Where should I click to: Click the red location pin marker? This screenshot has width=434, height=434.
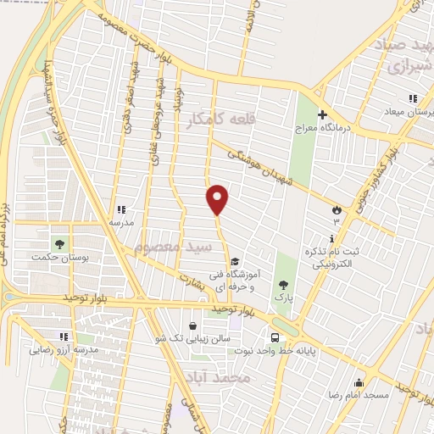coord(218,200)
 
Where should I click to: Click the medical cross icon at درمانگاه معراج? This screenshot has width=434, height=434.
coord(322,114)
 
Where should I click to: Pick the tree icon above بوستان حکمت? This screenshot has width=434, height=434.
coord(59,245)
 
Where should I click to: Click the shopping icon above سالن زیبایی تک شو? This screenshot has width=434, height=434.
coord(193,325)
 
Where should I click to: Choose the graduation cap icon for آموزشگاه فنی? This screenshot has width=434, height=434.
coord(235,262)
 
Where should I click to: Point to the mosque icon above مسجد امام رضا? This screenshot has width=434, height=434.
coord(359,381)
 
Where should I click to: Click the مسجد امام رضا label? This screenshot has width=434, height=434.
coord(359,396)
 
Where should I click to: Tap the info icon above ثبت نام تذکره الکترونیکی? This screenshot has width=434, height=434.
coord(331,238)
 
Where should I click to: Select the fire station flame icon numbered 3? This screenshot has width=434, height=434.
coord(337,208)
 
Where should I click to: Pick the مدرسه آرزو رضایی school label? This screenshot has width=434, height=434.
coord(64,349)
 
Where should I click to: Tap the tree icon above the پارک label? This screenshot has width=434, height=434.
coord(282,285)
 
